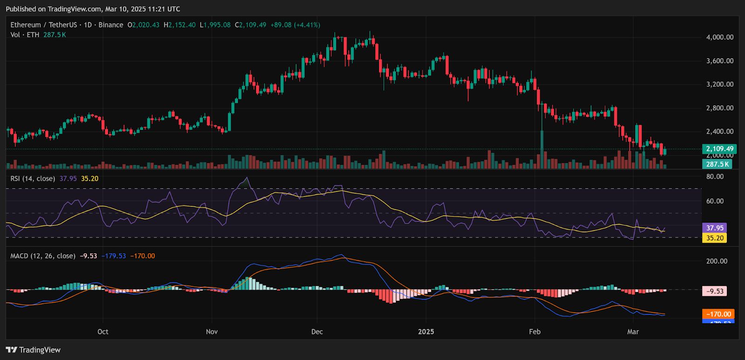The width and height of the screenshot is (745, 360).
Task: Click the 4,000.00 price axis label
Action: (x=719, y=37)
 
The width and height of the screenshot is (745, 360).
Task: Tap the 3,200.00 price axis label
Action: (x=719, y=84)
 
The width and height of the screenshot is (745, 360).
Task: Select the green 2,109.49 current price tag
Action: (x=719, y=149)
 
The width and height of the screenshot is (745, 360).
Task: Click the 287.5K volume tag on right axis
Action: (x=717, y=164)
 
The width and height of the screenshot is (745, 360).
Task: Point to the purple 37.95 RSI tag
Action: (x=715, y=228)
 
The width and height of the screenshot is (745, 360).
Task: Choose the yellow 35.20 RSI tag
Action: (x=715, y=238)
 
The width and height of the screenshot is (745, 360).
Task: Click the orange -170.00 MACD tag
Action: (x=718, y=314)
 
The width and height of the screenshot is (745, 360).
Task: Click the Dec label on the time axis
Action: (x=317, y=332)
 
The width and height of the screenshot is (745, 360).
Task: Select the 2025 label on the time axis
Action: (x=426, y=332)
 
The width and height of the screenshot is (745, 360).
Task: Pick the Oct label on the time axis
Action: (x=102, y=332)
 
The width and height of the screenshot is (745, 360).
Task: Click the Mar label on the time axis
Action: (x=633, y=332)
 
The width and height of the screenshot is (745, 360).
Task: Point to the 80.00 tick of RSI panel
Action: (x=715, y=177)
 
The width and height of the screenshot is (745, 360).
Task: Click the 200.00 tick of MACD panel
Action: (x=717, y=261)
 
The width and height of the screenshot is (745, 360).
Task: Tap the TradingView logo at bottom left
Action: (x=33, y=350)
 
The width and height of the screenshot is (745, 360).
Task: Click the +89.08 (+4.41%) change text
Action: (x=295, y=25)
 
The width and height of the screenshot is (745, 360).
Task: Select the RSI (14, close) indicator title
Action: (x=33, y=178)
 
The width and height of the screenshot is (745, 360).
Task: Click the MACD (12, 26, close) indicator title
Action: (x=43, y=256)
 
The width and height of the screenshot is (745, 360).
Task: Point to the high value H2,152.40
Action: (x=179, y=25)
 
